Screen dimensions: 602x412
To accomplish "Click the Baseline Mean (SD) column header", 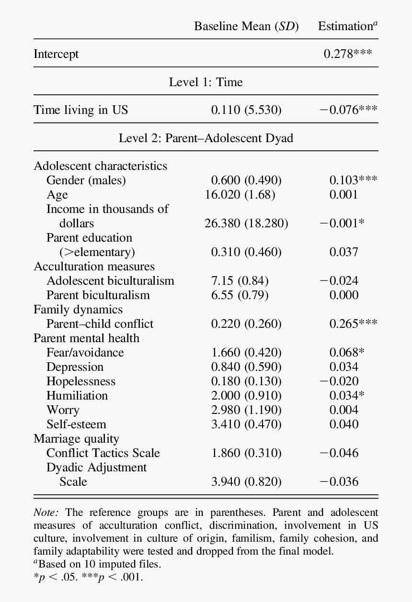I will pos(246,26).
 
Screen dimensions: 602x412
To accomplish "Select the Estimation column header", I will pos(347,26).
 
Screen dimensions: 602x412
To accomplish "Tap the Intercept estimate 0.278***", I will pos(348,54).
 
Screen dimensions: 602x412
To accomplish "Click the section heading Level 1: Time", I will pos(206,82).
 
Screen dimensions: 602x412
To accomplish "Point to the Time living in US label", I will pos(81,110).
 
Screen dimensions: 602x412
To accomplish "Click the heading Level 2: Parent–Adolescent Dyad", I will pos(206,138).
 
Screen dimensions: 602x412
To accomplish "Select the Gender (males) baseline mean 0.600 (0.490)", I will pos(246,180).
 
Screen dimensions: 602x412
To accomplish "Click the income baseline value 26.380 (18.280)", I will pos(246,223).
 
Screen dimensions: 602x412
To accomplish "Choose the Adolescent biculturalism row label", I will pos(110,281).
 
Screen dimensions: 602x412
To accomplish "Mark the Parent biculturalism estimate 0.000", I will pos(343,295).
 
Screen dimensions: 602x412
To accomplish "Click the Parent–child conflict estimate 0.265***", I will pos(353,324).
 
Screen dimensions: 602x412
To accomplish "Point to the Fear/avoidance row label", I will pos(85,353).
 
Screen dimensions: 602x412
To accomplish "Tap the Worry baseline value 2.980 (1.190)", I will pos(246,410).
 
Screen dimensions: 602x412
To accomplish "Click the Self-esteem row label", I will pos(76,424).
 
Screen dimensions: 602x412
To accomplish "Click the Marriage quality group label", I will pos(76,439).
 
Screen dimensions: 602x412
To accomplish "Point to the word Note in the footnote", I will pos(46,513).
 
